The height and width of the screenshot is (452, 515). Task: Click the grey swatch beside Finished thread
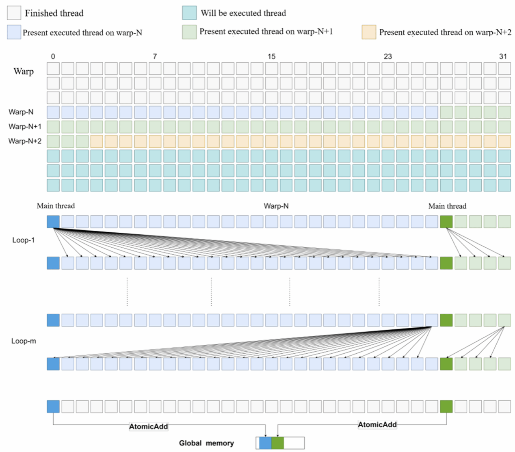point(14,13)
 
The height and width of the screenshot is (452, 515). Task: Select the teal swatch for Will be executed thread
point(189,13)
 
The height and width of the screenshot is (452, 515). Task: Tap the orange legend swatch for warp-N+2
point(369,32)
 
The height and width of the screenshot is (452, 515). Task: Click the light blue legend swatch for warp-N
point(14,32)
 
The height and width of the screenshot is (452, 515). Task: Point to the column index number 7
point(155,56)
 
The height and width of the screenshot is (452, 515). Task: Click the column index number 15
point(271,56)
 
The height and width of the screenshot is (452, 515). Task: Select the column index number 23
point(388,56)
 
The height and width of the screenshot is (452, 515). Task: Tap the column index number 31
point(503,56)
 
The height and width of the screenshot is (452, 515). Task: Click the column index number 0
point(53,56)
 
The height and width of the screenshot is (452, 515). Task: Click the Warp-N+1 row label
point(25,127)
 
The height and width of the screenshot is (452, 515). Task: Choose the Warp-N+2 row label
point(25,141)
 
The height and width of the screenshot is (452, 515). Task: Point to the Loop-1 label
point(23,240)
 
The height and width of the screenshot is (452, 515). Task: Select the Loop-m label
point(24,341)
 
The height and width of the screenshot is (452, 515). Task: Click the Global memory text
point(206,443)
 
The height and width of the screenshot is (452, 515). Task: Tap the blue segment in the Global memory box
point(265,443)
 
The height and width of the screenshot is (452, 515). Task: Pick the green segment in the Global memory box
point(278,443)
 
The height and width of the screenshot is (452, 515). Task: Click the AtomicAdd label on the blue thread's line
point(148,426)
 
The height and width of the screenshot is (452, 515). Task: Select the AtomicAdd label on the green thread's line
point(377,425)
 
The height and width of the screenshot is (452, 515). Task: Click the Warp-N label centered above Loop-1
point(276,206)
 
